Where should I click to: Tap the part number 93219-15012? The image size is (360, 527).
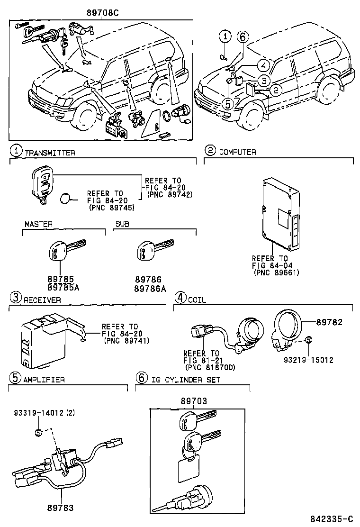(x=309, y=360)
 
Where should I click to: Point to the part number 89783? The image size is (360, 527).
(x=60, y=508)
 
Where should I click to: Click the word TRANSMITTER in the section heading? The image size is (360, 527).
(x=50, y=153)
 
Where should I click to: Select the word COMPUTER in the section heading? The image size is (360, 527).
(x=237, y=152)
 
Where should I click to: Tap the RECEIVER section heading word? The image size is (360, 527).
(x=42, y=300)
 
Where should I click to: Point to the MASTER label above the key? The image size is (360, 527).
(x=39, y=224)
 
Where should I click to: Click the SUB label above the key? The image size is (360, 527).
(x=122, y=224)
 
